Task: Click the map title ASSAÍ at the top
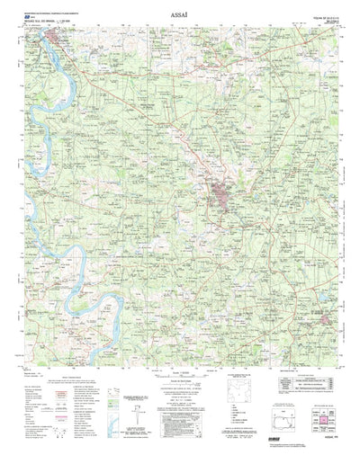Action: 180,15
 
